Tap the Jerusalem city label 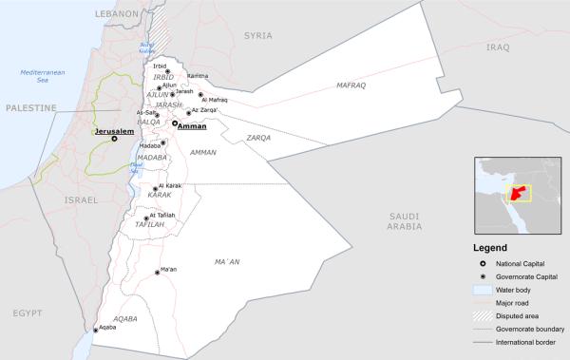[112, 132]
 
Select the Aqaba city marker [95, 330]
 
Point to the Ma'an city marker [158, 273]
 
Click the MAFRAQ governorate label [351, 85]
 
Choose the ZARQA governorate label [259, 138]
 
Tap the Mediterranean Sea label [41, 77]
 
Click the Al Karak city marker [156, 189]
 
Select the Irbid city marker [168, 71]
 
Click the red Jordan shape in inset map [517, 194]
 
